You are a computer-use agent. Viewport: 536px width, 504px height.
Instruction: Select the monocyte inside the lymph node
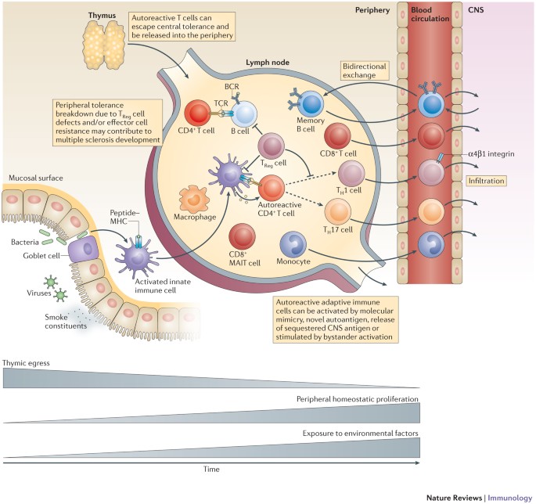[x=293, y=244]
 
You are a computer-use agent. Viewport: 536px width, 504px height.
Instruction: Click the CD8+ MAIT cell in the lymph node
[x=243, y=236]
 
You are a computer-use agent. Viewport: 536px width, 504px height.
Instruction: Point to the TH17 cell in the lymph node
[x=338, y=212]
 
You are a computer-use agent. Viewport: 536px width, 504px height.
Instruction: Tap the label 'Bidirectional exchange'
[x=365, y=70]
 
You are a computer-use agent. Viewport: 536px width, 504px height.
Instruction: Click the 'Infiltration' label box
[x=486, y=181]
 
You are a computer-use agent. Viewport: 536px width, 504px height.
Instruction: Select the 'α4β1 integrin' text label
[x=491, y=154]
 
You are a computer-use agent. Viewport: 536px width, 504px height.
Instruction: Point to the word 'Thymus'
[x=102, y=16]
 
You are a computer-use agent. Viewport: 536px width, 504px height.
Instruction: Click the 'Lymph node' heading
[x=268, y=63]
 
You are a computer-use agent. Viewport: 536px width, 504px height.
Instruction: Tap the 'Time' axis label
[x=211, y=469]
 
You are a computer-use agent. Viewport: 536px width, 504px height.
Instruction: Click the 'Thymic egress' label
[x=26, y=363]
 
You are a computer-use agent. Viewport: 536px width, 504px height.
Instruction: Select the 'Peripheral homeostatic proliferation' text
[x=358, y=399]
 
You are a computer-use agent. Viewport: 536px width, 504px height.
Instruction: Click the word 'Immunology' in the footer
[x=510, y=498]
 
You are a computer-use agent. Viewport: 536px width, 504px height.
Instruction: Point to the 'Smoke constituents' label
[x=66, y=322]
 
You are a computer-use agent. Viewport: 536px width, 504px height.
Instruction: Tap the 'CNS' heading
[x=476, y=10]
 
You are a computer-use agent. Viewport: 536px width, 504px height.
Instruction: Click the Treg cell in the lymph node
[x=271, y=146]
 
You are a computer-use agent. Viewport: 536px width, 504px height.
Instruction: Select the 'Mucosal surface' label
[x=36, y=178]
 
